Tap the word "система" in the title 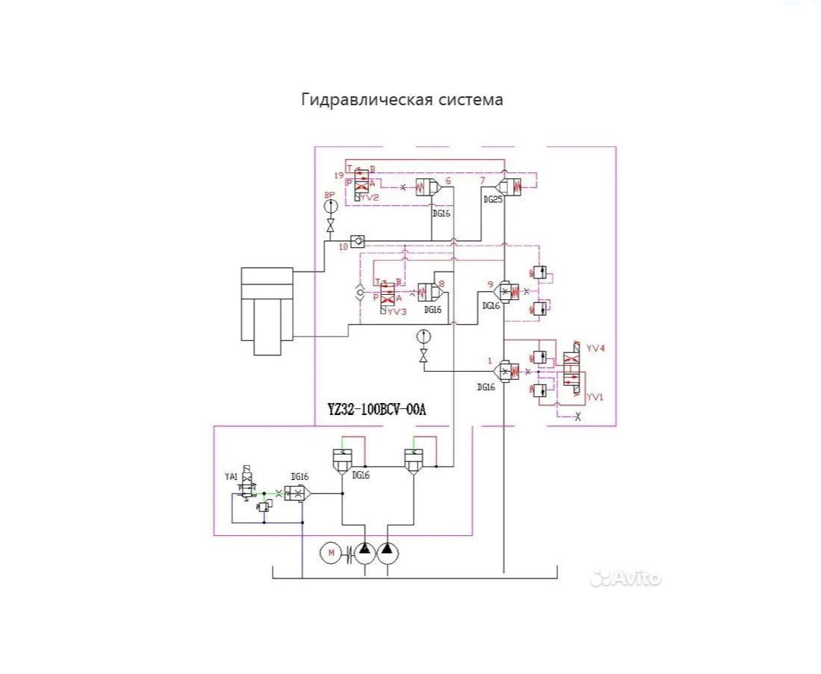[x=468, y=99]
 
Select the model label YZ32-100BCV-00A [x=377, y=409]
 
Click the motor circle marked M [x=329, y=552]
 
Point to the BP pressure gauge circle [x=330, y=205]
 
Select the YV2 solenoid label [x=368, y=198]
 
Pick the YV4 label [x=595, y=348]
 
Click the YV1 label [x=595, y=397]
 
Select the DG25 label [x=492, y=200]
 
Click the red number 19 [x=339, y=175]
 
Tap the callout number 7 [x=483, y=180]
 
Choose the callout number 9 [x=489, y=284]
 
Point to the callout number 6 [x=447, y=180]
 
